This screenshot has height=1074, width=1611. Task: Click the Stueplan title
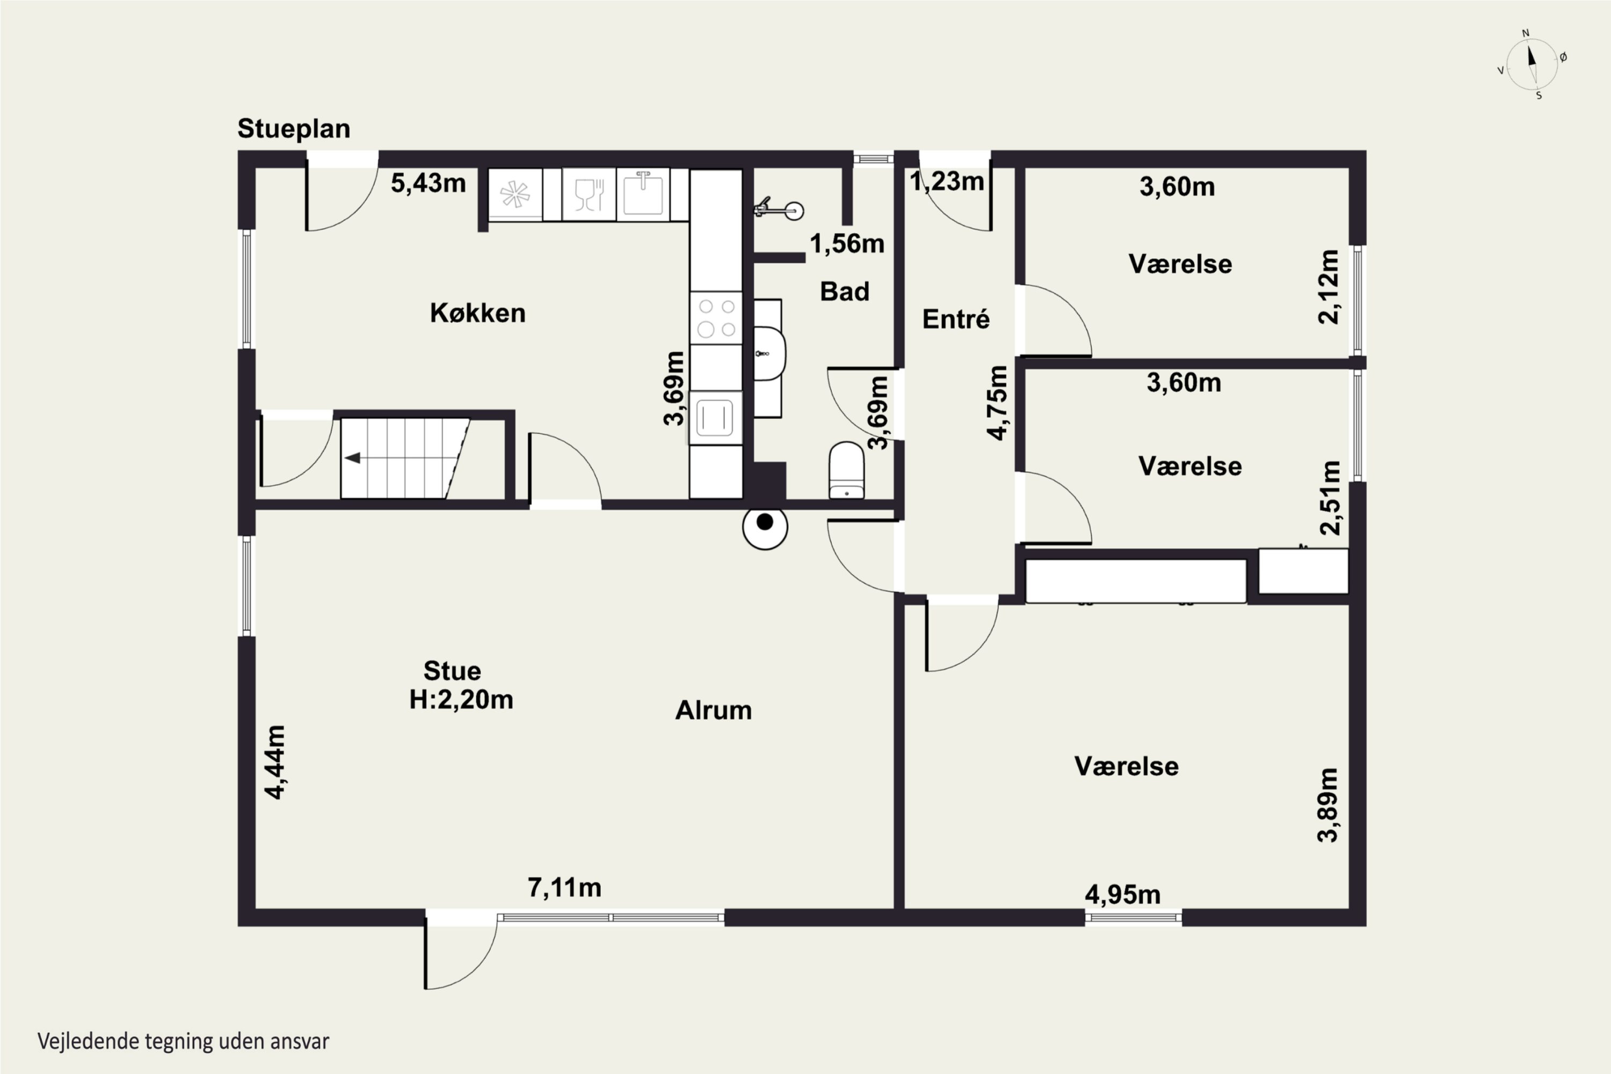[294, 129]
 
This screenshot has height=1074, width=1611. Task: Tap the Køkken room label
[477, 313]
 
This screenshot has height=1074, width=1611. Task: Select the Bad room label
[845, 292]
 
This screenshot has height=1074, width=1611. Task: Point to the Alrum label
[713, 710]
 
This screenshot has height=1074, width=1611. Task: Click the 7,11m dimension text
[564, 888]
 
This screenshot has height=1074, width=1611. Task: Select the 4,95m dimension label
[1123, 895]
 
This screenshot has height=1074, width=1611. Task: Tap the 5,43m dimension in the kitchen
[428, 183]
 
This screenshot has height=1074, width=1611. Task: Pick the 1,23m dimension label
[947, 182]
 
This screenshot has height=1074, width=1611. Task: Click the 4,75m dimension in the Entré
[997, 403]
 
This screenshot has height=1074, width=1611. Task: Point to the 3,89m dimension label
[1327, 805]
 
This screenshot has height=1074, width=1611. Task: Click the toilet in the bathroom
[847, 470]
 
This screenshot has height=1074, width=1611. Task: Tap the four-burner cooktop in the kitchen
[716, 318]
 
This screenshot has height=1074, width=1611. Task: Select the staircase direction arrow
[353, 458]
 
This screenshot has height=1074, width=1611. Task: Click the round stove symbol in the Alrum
[765, 526]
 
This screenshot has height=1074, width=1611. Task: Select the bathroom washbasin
[769, 353]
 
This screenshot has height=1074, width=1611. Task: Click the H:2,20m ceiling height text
[461, 699]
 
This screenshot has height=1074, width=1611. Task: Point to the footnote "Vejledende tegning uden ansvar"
[184, 1042]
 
